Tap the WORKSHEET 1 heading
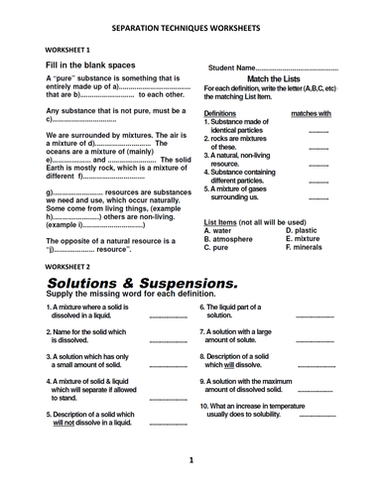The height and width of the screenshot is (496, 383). [x=66, y=49]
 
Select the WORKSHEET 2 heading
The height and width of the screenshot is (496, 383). [x=66, y=268]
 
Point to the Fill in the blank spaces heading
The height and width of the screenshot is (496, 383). [x=90, y=65]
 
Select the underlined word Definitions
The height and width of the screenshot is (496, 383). [x=226, y=114]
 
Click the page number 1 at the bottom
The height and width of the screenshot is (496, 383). [x=191, y=461]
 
